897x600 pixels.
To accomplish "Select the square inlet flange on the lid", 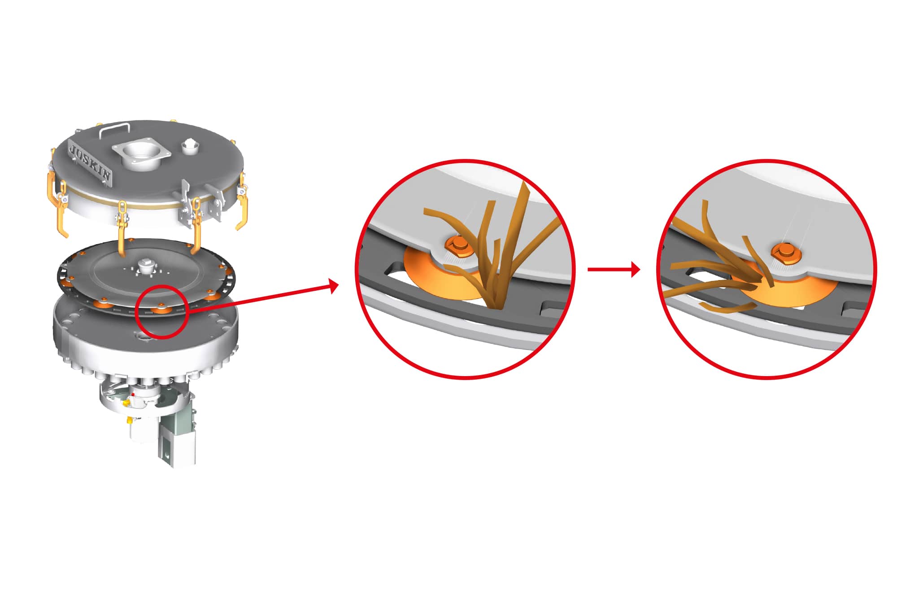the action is [x=142, y=156].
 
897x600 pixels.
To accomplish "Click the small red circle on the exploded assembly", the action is [x=163, y=311].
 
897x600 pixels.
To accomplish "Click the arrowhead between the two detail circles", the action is [x=635, y=269].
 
